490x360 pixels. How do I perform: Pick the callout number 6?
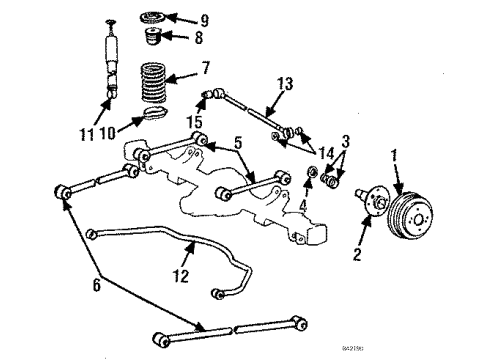click(x=96, y=285)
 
